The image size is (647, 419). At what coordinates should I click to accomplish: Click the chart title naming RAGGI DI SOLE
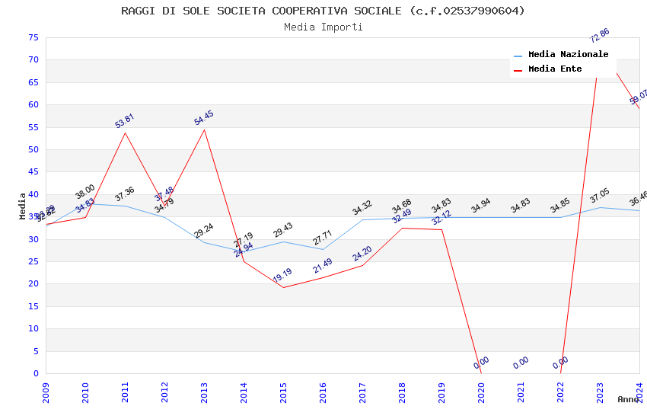pyautogui.click(x=323, y=11)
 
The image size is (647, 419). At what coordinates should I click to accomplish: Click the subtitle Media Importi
pyautogui.click(x=323, y=27)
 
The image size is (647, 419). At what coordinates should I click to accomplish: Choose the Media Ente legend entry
pyautogui.click(x=555, y=69)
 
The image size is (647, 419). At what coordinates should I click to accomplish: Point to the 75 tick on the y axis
pyautogui.click(x=31, y=37)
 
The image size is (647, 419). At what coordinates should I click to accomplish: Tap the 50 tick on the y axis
pyautogui.click(x=31, y=149)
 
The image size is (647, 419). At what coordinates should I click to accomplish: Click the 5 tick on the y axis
pyautogui.click(x=34, y=351)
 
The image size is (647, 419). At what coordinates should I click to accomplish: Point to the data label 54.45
pyautogui.click(x=204, y=118)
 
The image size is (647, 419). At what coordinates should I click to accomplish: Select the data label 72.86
pyautogui.click(x=600, y=35)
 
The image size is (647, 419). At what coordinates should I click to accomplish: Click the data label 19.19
pyautogui.click(x=282, y=275)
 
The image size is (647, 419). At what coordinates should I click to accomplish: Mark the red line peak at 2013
pyautogui.click(x=204, y=130)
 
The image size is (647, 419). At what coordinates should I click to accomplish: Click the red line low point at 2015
pyautogui.click(x=283, y=287)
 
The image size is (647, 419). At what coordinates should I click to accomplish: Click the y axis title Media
pyautogui.click(x=23, y=206)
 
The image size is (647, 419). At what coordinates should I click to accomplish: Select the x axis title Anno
pyautogui.click(x=628, y=399)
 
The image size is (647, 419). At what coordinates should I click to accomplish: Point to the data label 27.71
pyautogui.click(x=323, y=238)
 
